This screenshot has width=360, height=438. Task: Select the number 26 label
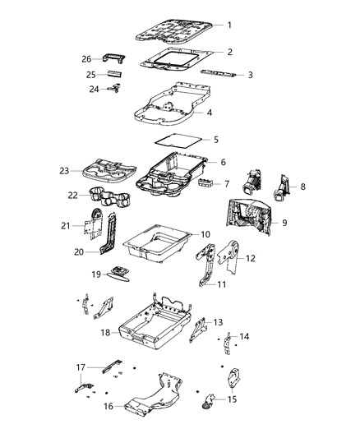[x=86, y=58]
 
